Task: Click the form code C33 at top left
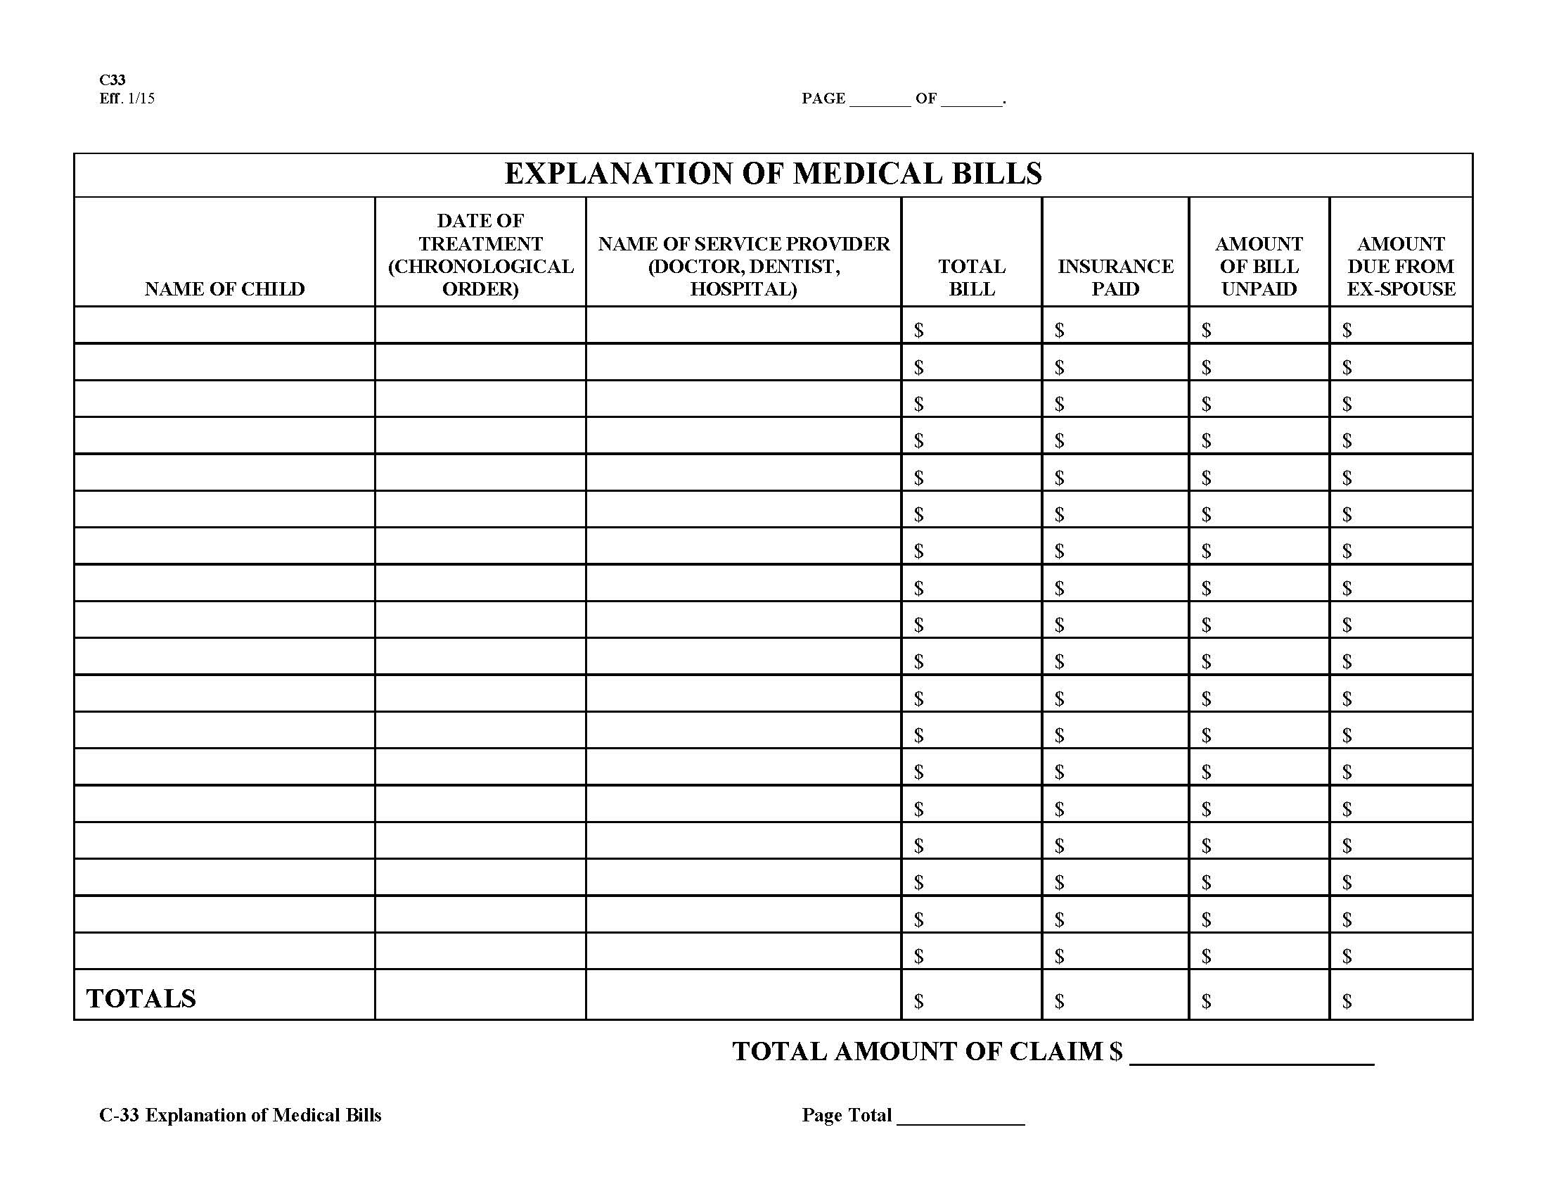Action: coord(112,79)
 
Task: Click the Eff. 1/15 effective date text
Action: coord(127,98)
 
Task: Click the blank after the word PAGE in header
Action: coord(879,99)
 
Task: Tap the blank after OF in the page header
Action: coord(971,99)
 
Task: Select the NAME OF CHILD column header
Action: coord(224,289)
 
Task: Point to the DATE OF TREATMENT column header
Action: coord(480,255)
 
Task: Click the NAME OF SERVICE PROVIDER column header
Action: coord(744,266)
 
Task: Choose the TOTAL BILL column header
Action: coord(971,277)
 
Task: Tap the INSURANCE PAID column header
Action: coord(1115,277)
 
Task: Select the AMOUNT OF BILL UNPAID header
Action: coord(1259,266)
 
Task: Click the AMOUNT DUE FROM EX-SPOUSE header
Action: coord(1400,266)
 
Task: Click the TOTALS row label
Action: coord(141,998)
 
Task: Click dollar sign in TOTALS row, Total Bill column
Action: coord(919,1000)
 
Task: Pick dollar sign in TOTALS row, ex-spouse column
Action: coord(1347,1000)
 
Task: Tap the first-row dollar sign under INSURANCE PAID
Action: coord(1059,329)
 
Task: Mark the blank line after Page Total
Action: coord(960,1117)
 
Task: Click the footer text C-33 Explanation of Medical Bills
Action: coord(240,1115)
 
